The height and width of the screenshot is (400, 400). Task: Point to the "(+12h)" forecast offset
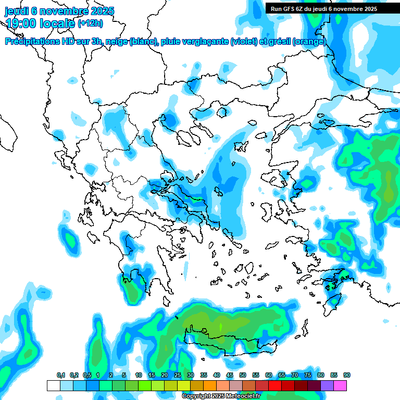coord(90,23)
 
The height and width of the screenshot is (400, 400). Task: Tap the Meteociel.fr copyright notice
coord(221,396)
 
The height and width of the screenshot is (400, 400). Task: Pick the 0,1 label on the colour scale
coord(61,376)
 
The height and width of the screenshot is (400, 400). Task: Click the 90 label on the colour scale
coord(346,376)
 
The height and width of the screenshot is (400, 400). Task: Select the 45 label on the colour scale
coord(230,376)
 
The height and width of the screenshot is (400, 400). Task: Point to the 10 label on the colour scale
coord(139,376)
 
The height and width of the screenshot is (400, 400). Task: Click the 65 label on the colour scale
coord(281,376)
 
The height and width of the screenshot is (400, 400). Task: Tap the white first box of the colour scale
coord(53,385)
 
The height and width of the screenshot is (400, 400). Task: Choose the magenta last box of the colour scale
coord(340,385)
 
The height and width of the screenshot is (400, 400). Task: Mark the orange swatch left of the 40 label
coord(210,385)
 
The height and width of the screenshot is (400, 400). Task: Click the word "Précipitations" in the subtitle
coord(34,42)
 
